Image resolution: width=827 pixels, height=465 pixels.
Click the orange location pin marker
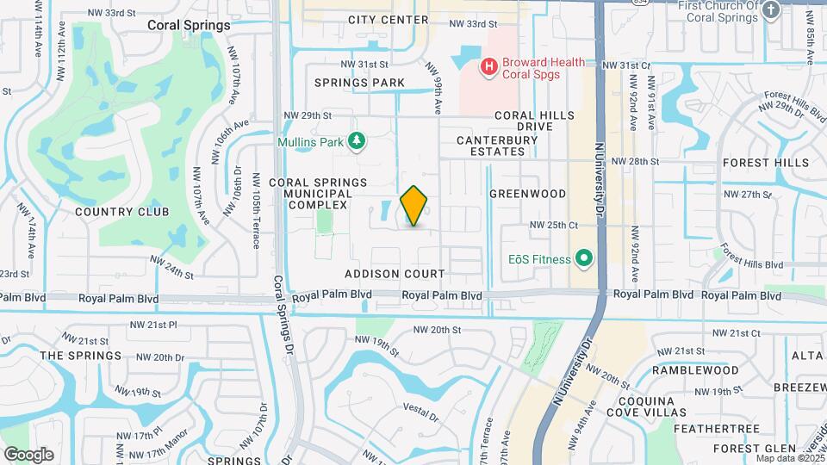tap(414, 206)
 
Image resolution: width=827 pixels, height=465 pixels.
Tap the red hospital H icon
tap(489, 65)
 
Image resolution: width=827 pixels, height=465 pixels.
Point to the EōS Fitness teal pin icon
tap(584, 258)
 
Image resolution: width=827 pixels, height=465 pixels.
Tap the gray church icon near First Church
tap(771, 9)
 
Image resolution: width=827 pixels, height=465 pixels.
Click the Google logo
tap(28, 454)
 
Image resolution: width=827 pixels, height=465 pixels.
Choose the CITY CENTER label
tap(388, 20)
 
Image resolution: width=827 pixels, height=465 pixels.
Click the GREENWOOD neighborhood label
tap(527, 195)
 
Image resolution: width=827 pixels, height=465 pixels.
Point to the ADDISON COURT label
tap(395, 274)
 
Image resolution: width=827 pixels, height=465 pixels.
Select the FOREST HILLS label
tap(766, 162)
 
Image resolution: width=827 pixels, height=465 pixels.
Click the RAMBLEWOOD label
tap(695, 369)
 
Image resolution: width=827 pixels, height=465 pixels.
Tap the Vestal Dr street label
tap(421, 416)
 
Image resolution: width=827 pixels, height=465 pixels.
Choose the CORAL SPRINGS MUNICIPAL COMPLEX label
tap(318, 194)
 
